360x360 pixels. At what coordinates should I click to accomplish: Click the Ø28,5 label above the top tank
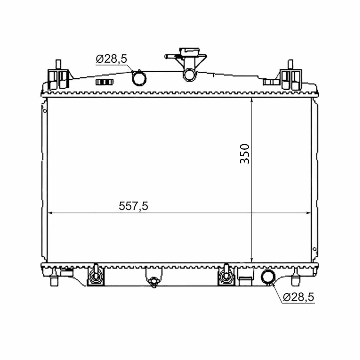click(111, 59)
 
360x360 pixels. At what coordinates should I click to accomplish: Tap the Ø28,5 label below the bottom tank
click(298, 297)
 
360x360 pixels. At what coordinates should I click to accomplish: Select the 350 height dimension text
click(244, 154)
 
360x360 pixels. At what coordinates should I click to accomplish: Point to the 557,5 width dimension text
click(133, 206)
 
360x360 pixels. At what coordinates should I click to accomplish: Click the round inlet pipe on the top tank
click(139, 79)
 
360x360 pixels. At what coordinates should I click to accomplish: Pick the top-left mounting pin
click(58, 64)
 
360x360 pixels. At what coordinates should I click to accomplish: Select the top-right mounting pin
click(290, 64)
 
